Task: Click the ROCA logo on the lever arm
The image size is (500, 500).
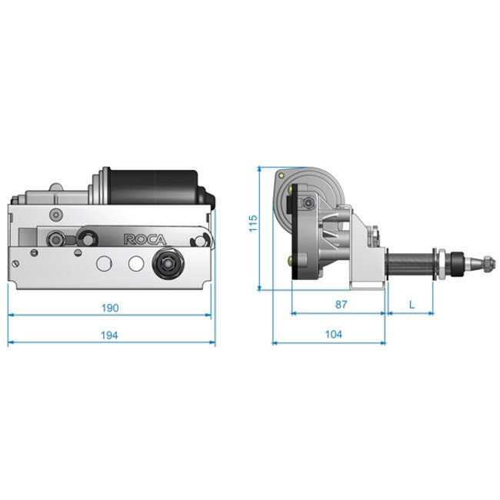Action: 141,239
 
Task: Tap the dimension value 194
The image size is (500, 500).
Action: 110,334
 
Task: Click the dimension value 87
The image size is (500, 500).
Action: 341,305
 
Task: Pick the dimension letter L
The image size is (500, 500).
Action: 412,305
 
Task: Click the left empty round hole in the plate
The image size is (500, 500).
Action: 102,262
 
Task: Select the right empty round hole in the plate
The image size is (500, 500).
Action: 135,262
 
